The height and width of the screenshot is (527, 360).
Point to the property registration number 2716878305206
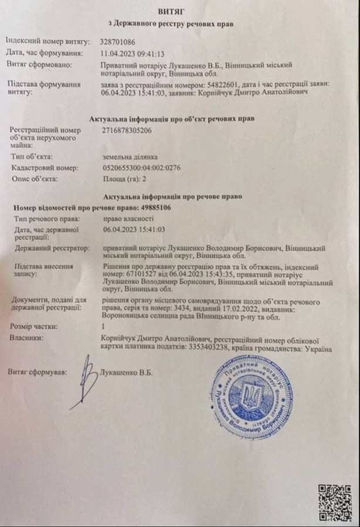127,131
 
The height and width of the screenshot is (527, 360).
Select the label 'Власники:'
28,338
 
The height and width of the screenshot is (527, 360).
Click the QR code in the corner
334,502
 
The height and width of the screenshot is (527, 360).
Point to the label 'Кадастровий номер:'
44,168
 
